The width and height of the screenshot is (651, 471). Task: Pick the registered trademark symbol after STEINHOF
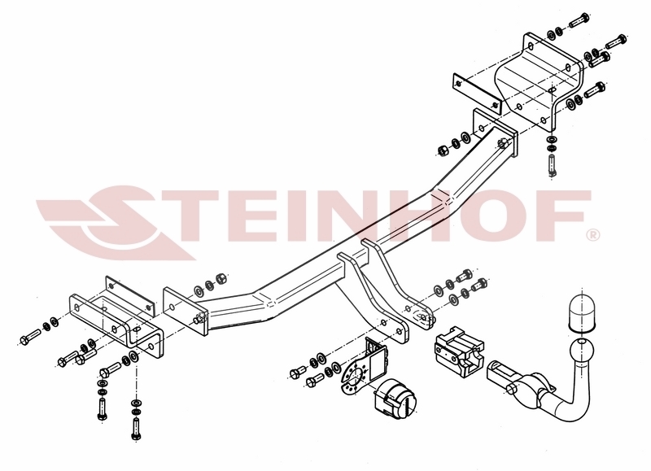pos(593,235)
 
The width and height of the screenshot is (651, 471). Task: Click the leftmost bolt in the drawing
pos(30,337)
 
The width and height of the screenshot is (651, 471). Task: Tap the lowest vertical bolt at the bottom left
pos(135,427)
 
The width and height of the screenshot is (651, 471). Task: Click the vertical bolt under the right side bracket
pos(552,165)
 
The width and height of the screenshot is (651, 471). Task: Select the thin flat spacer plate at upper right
pos(477,94)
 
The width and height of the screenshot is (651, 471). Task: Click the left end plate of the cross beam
pos(185,312)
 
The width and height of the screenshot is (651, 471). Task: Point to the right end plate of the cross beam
pos(496,133)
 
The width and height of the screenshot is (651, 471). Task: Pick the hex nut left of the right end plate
pos(443,150)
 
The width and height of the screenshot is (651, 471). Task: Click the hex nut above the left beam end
pos(221,278)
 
